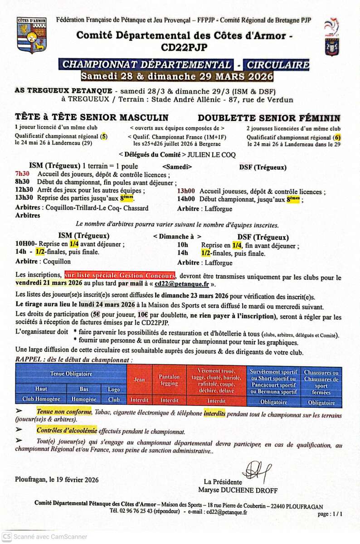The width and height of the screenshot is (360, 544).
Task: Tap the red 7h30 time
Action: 22,174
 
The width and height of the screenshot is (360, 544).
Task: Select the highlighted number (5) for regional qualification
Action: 104,136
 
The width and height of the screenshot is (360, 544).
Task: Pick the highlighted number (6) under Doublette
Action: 336,137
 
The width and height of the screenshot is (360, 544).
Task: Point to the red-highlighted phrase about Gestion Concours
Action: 120,275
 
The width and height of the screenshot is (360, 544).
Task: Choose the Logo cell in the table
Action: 114,389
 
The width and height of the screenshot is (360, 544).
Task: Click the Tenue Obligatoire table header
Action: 71,374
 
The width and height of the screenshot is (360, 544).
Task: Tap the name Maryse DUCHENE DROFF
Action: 238,490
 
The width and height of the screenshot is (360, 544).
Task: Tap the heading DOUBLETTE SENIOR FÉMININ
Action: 269,118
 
